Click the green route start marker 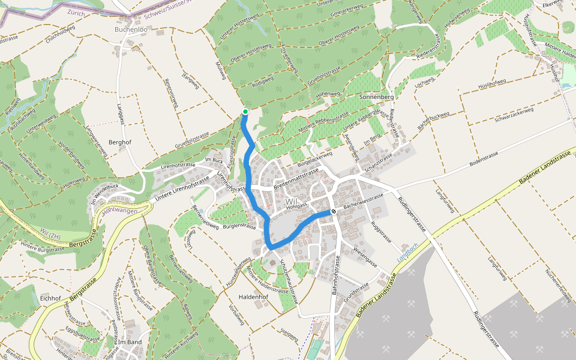point(245,112)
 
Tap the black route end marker point(334,211)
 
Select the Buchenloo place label point(131,29)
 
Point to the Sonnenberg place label point(376,97)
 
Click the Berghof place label point(119,142)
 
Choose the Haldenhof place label point(253,297)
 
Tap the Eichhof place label point(51,298)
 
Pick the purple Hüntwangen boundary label point(119,211)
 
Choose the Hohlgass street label point(296,206)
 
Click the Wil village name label point(292,200)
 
